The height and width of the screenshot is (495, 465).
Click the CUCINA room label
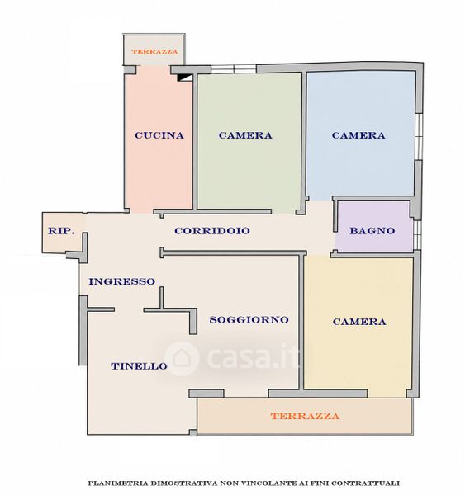click(x=159, y=135)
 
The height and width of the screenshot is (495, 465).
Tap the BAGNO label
click(x=372, y=231)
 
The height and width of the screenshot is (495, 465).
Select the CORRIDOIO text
click(x=212, y=231)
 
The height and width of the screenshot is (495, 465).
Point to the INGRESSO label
click(x=121, y=281)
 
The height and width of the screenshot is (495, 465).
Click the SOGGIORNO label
click(x=249, y=320)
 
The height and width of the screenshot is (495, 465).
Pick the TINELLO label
click(x=139, y=366)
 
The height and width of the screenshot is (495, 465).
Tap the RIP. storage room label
click(x=61, y=231)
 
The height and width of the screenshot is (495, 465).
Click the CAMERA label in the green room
click(x=245, y=135)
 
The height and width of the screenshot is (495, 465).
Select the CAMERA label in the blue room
click(x=358, y=135)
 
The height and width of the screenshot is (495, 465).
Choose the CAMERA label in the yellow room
click(x=359, y=322)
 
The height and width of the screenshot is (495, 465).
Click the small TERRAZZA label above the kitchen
click(x=154, y=51)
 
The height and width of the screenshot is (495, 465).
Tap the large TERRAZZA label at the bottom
click(x=305, y=416)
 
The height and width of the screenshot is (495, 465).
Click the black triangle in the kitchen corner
click(x=185, y=78)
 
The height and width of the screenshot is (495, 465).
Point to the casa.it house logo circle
click(x=182, y=358)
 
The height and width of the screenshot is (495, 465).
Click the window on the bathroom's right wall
click(x=416, y=234)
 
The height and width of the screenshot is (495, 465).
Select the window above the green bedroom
click(x=233, y=68)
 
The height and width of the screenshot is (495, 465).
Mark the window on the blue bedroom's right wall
click(x=419, y=136)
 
